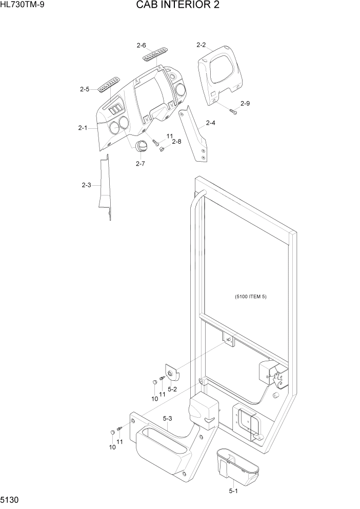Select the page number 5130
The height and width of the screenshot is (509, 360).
(11, 499)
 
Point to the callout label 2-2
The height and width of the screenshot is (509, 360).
(201, 46)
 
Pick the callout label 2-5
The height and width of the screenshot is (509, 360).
(85, 89)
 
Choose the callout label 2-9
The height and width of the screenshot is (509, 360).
(245, 104)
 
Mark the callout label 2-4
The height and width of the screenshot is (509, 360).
(210, 123)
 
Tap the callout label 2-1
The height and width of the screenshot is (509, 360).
(83, 128)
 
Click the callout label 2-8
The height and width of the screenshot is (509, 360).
(176, 141)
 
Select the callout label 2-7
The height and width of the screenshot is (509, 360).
(141, 164)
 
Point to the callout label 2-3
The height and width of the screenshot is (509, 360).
(86, 185)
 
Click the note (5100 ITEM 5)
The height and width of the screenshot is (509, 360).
(251, 297)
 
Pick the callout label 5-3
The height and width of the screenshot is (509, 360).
(167, 419)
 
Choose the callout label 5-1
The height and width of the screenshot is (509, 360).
(233, 492)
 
